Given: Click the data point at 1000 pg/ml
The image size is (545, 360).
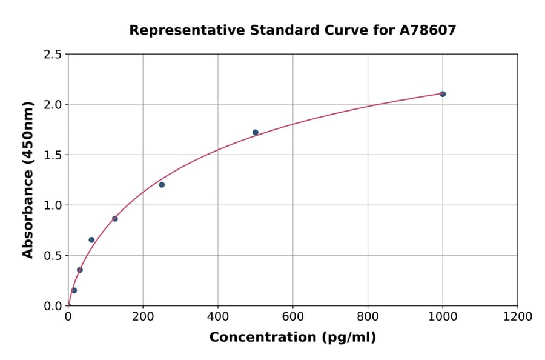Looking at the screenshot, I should coord(443,94).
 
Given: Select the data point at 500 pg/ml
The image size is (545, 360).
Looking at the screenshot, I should coord(256,132).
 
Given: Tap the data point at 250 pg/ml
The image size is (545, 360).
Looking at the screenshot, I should coord(162,185).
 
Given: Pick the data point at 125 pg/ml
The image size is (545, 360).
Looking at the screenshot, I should coord(115,219).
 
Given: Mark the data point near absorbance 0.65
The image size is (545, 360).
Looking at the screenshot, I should coord(91,240).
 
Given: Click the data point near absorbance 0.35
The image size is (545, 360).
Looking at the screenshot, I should coord(80,270).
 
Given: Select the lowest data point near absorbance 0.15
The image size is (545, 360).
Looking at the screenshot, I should coord(74,290).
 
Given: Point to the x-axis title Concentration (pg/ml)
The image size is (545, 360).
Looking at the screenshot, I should coord(292,338).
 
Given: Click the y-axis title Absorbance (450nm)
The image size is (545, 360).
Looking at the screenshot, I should coord(28,179).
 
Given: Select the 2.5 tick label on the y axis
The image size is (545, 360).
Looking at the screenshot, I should coord(53,55).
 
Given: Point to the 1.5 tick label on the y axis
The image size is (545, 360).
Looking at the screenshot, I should coord(53,155).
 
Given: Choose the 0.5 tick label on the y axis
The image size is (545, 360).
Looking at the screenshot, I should coord(53,256).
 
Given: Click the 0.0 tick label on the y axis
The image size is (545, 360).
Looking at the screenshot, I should coord(53,306).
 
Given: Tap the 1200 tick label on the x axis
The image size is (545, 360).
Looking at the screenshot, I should coord(518,317).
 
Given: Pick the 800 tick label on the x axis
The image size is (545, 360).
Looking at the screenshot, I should coord(368,317).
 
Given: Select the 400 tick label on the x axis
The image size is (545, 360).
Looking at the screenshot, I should coord(218,317).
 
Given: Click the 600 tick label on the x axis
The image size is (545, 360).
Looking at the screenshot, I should coord(292,317).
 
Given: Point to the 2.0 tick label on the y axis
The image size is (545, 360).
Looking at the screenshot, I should coord(53,105).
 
